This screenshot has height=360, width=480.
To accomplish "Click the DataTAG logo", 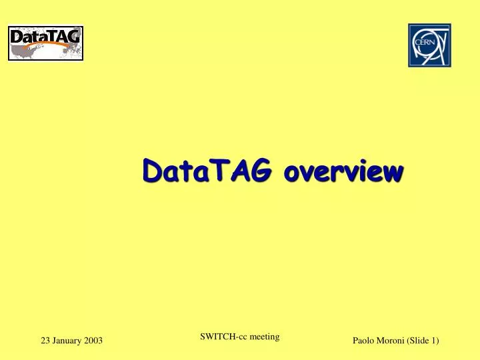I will (x=45, y=42).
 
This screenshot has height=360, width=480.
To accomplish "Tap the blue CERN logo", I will (x=429, y=45).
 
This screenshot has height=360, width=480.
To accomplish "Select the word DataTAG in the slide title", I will (x=206, y=171).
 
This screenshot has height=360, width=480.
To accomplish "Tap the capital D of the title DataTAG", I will (x=151, y=171).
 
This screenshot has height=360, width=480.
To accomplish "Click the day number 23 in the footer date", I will (x=45, y=341).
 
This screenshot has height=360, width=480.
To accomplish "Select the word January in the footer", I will (x=67, y=341).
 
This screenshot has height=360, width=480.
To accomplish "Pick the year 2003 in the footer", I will (x=93, y=341).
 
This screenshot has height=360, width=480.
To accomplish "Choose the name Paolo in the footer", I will (x=363, y=341).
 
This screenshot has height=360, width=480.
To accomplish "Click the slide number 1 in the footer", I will (x=433, y=341).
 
